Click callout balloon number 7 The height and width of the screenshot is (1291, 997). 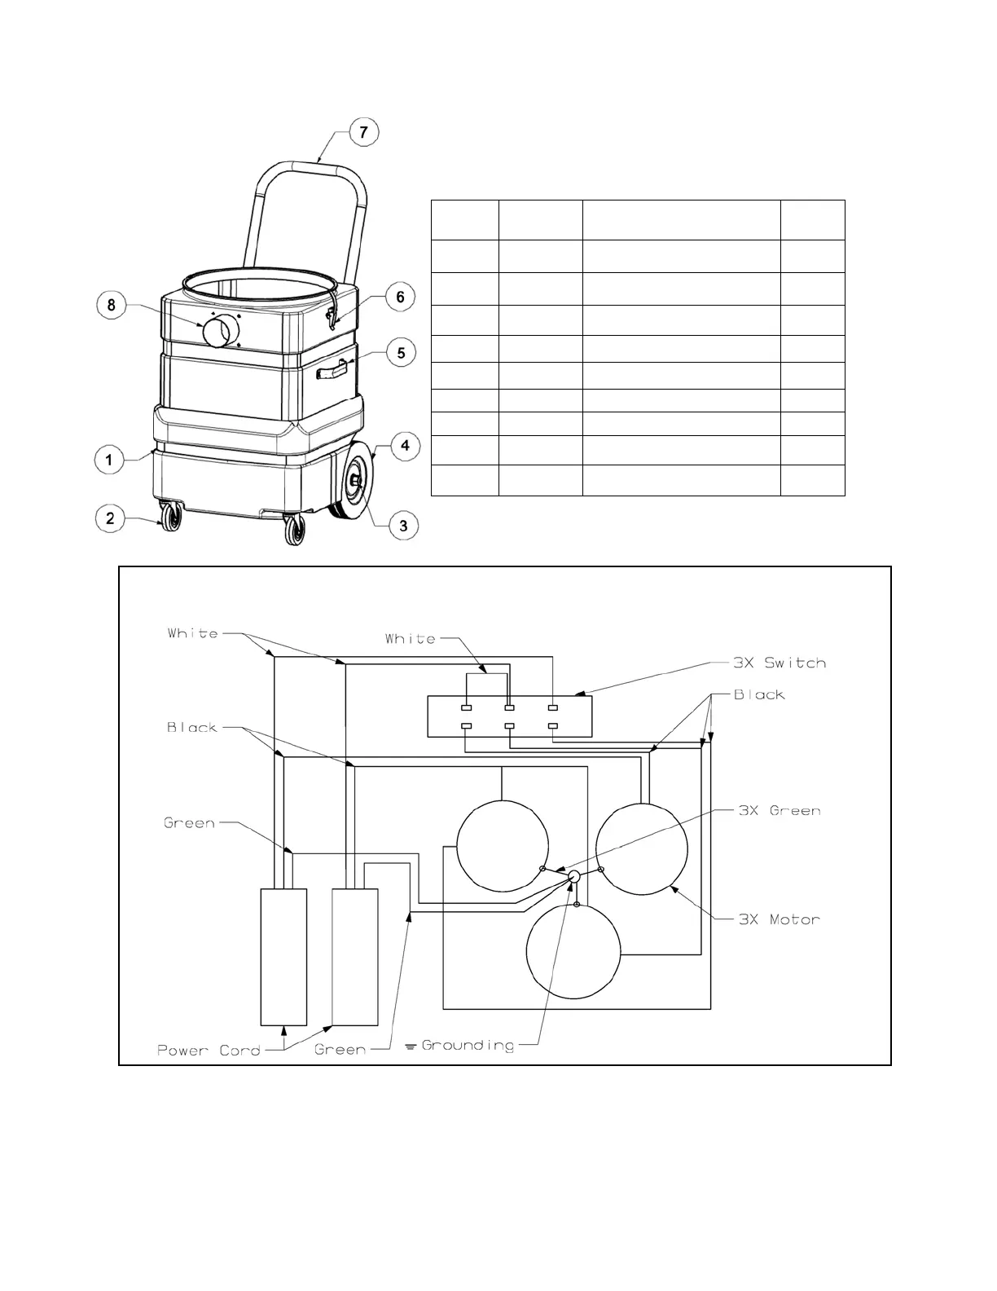[x=364, y=131]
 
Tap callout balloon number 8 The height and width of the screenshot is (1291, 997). [x=112, y=306]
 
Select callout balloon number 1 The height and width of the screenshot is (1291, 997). [x=109, y=460]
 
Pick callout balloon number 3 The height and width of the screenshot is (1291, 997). [x=403, y=526]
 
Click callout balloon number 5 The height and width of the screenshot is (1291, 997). [x=401, y=354]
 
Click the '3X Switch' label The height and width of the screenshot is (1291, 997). [x=779, y=663]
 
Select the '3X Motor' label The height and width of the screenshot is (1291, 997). [x=779, y=919]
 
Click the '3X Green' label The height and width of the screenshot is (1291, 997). [x=779, y=811]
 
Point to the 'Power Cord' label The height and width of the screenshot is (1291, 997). [x=209, y=1050]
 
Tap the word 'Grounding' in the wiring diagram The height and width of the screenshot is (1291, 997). [x=468, y=1045]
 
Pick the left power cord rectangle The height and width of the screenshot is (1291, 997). [x=283, y=956]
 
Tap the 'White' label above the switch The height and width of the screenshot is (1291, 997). [x=411, y=639]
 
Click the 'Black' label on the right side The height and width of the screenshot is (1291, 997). [x=759, y=695]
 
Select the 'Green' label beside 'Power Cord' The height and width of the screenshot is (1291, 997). [x=340, y=1050]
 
